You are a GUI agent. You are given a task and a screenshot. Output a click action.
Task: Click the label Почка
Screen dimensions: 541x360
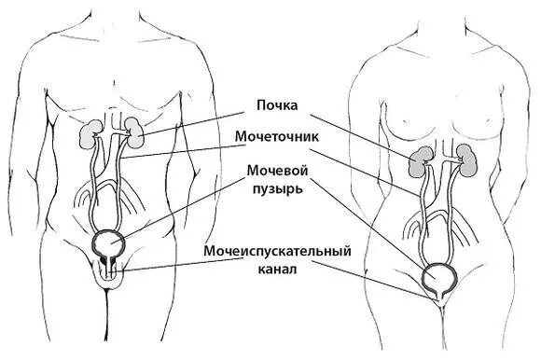click(278, 104)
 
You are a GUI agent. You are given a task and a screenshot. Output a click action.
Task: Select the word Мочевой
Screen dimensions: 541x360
click(278, 171)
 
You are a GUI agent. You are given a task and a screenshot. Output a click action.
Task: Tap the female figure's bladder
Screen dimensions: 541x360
click(439, 278)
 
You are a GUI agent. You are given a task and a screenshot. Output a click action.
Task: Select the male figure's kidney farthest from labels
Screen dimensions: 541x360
click(90, 135)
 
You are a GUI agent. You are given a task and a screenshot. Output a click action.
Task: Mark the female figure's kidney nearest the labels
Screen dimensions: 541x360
click(422, 163)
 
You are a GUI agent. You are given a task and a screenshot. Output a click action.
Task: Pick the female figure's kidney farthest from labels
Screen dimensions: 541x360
click(469, 159)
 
